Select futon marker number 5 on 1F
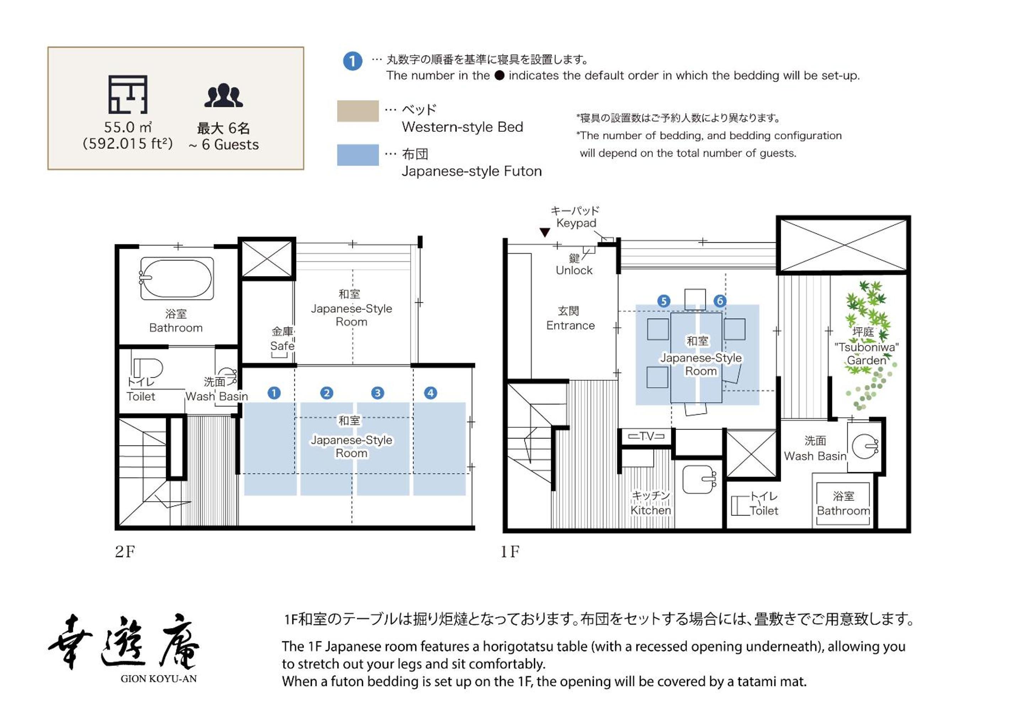(663, 301)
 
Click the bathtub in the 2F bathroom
(177, 278)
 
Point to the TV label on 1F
(646, 436)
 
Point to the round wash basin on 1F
(865, 446)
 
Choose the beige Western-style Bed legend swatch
(358, 111)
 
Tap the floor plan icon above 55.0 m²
(128, 95)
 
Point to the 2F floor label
(125, 552)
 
